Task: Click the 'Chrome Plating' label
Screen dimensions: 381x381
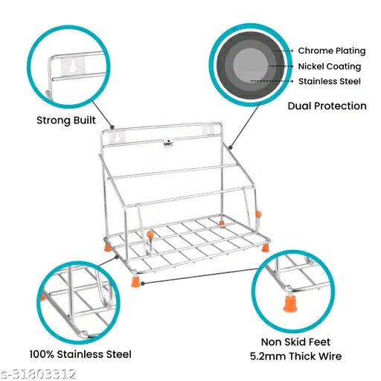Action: tap(332, 51)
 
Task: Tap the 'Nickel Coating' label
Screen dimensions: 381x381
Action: tap(330, 66)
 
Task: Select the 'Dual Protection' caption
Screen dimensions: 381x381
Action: tap(327, 106)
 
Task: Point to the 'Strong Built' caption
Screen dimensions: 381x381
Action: tap(66, 121)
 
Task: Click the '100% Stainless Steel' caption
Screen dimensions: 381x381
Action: tap(80, 354)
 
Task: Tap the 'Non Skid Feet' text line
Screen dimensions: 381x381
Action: tap(295, 342)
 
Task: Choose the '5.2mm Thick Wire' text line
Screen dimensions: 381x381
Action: tap(295, 356)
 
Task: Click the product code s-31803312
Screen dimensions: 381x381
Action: tap(38, 374)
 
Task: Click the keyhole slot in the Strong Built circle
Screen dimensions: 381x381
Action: tap(73, 66)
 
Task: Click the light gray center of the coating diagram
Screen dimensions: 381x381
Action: tap(251, 65)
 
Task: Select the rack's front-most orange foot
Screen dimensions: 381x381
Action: tap(135, 282)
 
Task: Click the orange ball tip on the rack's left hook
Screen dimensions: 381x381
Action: tap(150, 234)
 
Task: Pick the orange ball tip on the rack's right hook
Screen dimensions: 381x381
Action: tap(258, 214)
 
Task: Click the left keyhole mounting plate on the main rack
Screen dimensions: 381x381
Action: tap(118, 138)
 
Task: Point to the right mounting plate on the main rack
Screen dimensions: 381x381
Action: tap(208, 130)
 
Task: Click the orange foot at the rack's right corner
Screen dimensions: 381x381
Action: tap(265, 248)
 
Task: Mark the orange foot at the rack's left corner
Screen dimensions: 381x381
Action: tap(107, 247)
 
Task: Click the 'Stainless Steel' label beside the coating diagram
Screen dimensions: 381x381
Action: tap(330, 81)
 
